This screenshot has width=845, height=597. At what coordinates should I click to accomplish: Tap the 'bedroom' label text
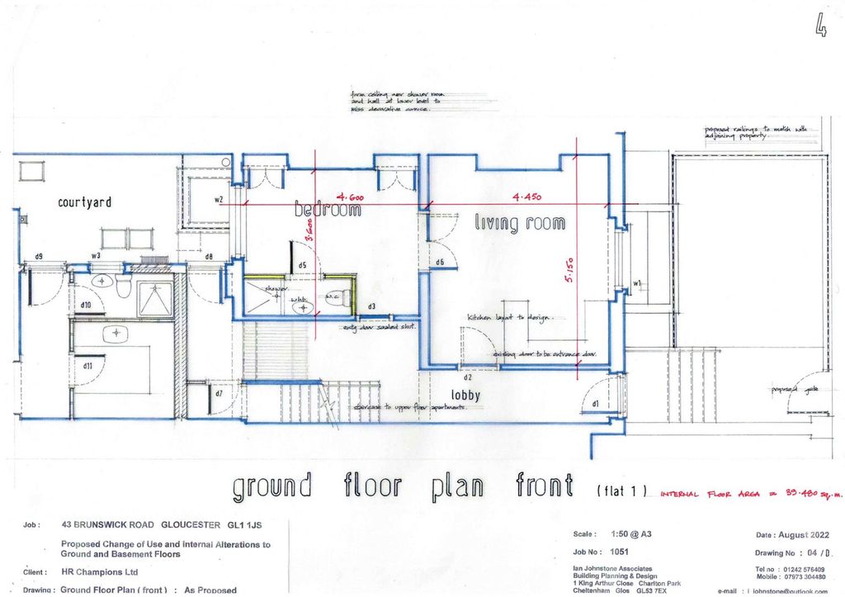click(x=328, y=211)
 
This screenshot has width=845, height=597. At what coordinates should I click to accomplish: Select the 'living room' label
click(x=520, y=223)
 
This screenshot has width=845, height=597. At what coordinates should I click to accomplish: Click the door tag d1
click(x=595, y=404)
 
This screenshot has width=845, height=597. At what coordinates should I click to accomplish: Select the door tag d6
click(x=440, y=263)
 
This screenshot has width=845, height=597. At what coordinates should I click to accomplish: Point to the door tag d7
click(x=219, y=393)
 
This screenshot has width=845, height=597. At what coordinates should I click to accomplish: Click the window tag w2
click(x=219, y=200)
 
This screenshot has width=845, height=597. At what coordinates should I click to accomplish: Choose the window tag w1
click(x=636, y=285)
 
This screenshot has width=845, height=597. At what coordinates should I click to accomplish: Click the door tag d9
click(x=39, y=257)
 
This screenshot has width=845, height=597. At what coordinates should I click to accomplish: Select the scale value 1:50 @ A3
click(x=633, y=534)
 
